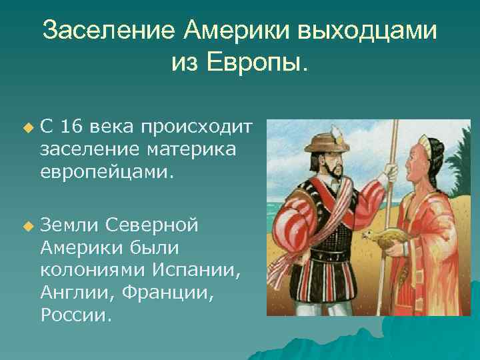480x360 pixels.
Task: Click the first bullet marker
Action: [x=27, y=126]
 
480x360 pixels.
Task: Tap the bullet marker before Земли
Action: [x=27, y=225]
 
